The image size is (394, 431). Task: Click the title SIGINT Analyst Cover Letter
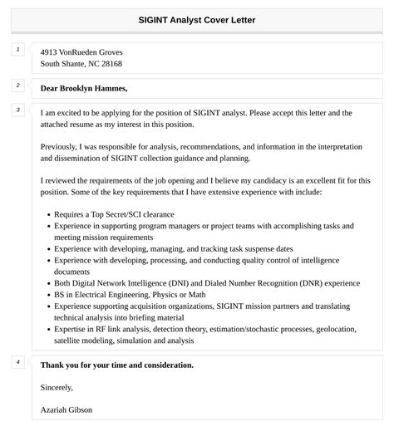click(x=197, y=18)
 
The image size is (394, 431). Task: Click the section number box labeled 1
click(x=17, y=50)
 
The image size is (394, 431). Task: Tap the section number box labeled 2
click(x=17, y=86)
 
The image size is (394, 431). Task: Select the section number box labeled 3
click(x=17, y=110)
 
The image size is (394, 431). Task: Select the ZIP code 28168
click(x=111, y=63)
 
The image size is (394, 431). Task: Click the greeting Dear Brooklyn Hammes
click(x=84, y=88)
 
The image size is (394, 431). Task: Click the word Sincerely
click(x=57, y=387)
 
